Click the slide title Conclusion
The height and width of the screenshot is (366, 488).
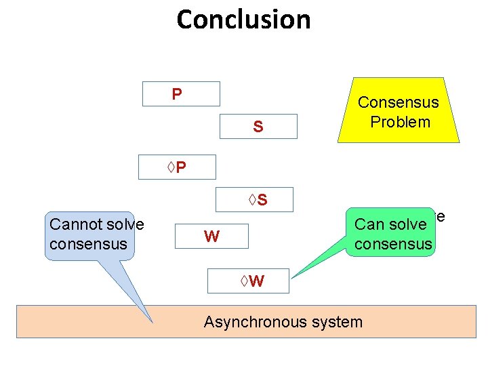pyautogui.click(x=244, y=20)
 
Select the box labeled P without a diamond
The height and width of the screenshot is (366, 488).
pyautogui.click(x=181, y=94)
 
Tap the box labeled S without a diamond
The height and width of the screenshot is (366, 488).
pyautogui.click(x=258, y=126)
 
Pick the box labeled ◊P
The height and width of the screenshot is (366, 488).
pyautogui.click(x=177, y=167)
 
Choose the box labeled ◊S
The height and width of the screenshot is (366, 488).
pyautogui.click(x=254, y=199)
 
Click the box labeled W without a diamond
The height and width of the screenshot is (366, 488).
pyautogui.click(x=211, y=237)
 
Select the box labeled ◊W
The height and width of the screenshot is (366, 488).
pyautogui.click(x=248, y=281)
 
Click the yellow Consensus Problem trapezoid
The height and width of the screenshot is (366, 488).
pyautogui.click(x=399, y=110)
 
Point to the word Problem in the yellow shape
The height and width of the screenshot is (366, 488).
pyautogui.click(x=401, y=122)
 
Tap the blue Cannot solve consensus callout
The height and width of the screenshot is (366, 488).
pyautogui.click(x=89, y=236)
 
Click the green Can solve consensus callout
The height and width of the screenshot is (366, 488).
pyautogui.click(x=390, y=232)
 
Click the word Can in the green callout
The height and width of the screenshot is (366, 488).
pyautogui.click(x=368, y=224)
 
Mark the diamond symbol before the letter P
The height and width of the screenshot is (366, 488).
pyautogui.click(x=171, y=167)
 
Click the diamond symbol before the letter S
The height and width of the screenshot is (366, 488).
pyautogui.click(x=252, y=199)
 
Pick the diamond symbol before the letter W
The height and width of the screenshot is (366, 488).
pyautogui.click(x=244, y=281)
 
